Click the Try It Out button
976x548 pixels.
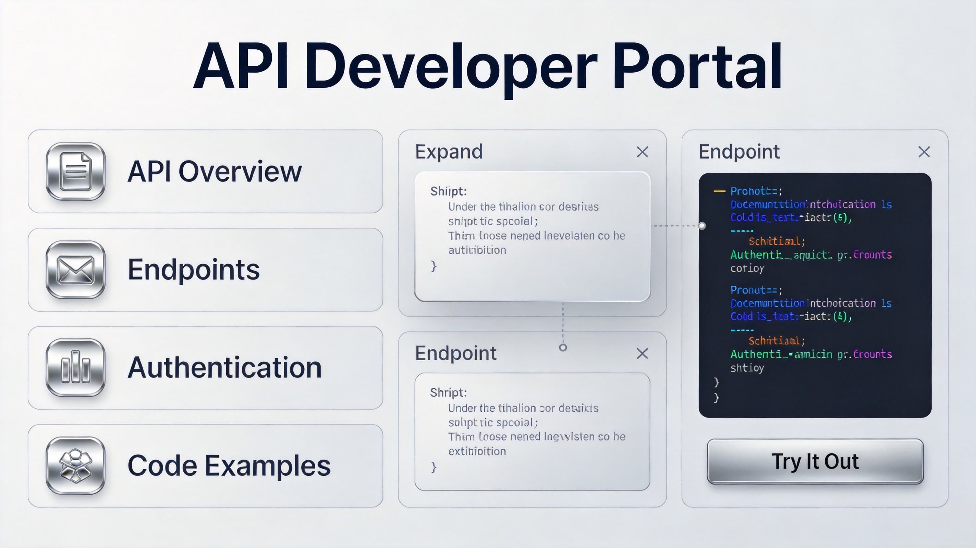815,461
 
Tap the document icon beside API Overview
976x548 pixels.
75,171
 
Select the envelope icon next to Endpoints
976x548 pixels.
75,269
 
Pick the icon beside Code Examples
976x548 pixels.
75,465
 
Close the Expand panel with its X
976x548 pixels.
642,152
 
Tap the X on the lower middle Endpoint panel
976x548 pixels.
642,353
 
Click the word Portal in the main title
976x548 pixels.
697,66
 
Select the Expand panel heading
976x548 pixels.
449,152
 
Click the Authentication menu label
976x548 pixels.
224,368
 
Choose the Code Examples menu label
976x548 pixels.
229,465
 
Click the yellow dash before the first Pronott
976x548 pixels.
719,191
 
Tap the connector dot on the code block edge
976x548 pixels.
702,226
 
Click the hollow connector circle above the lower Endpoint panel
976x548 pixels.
563,347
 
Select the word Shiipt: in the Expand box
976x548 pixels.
448,191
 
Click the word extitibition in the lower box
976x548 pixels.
477,451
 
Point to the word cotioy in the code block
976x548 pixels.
747,268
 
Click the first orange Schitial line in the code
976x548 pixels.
776,241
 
